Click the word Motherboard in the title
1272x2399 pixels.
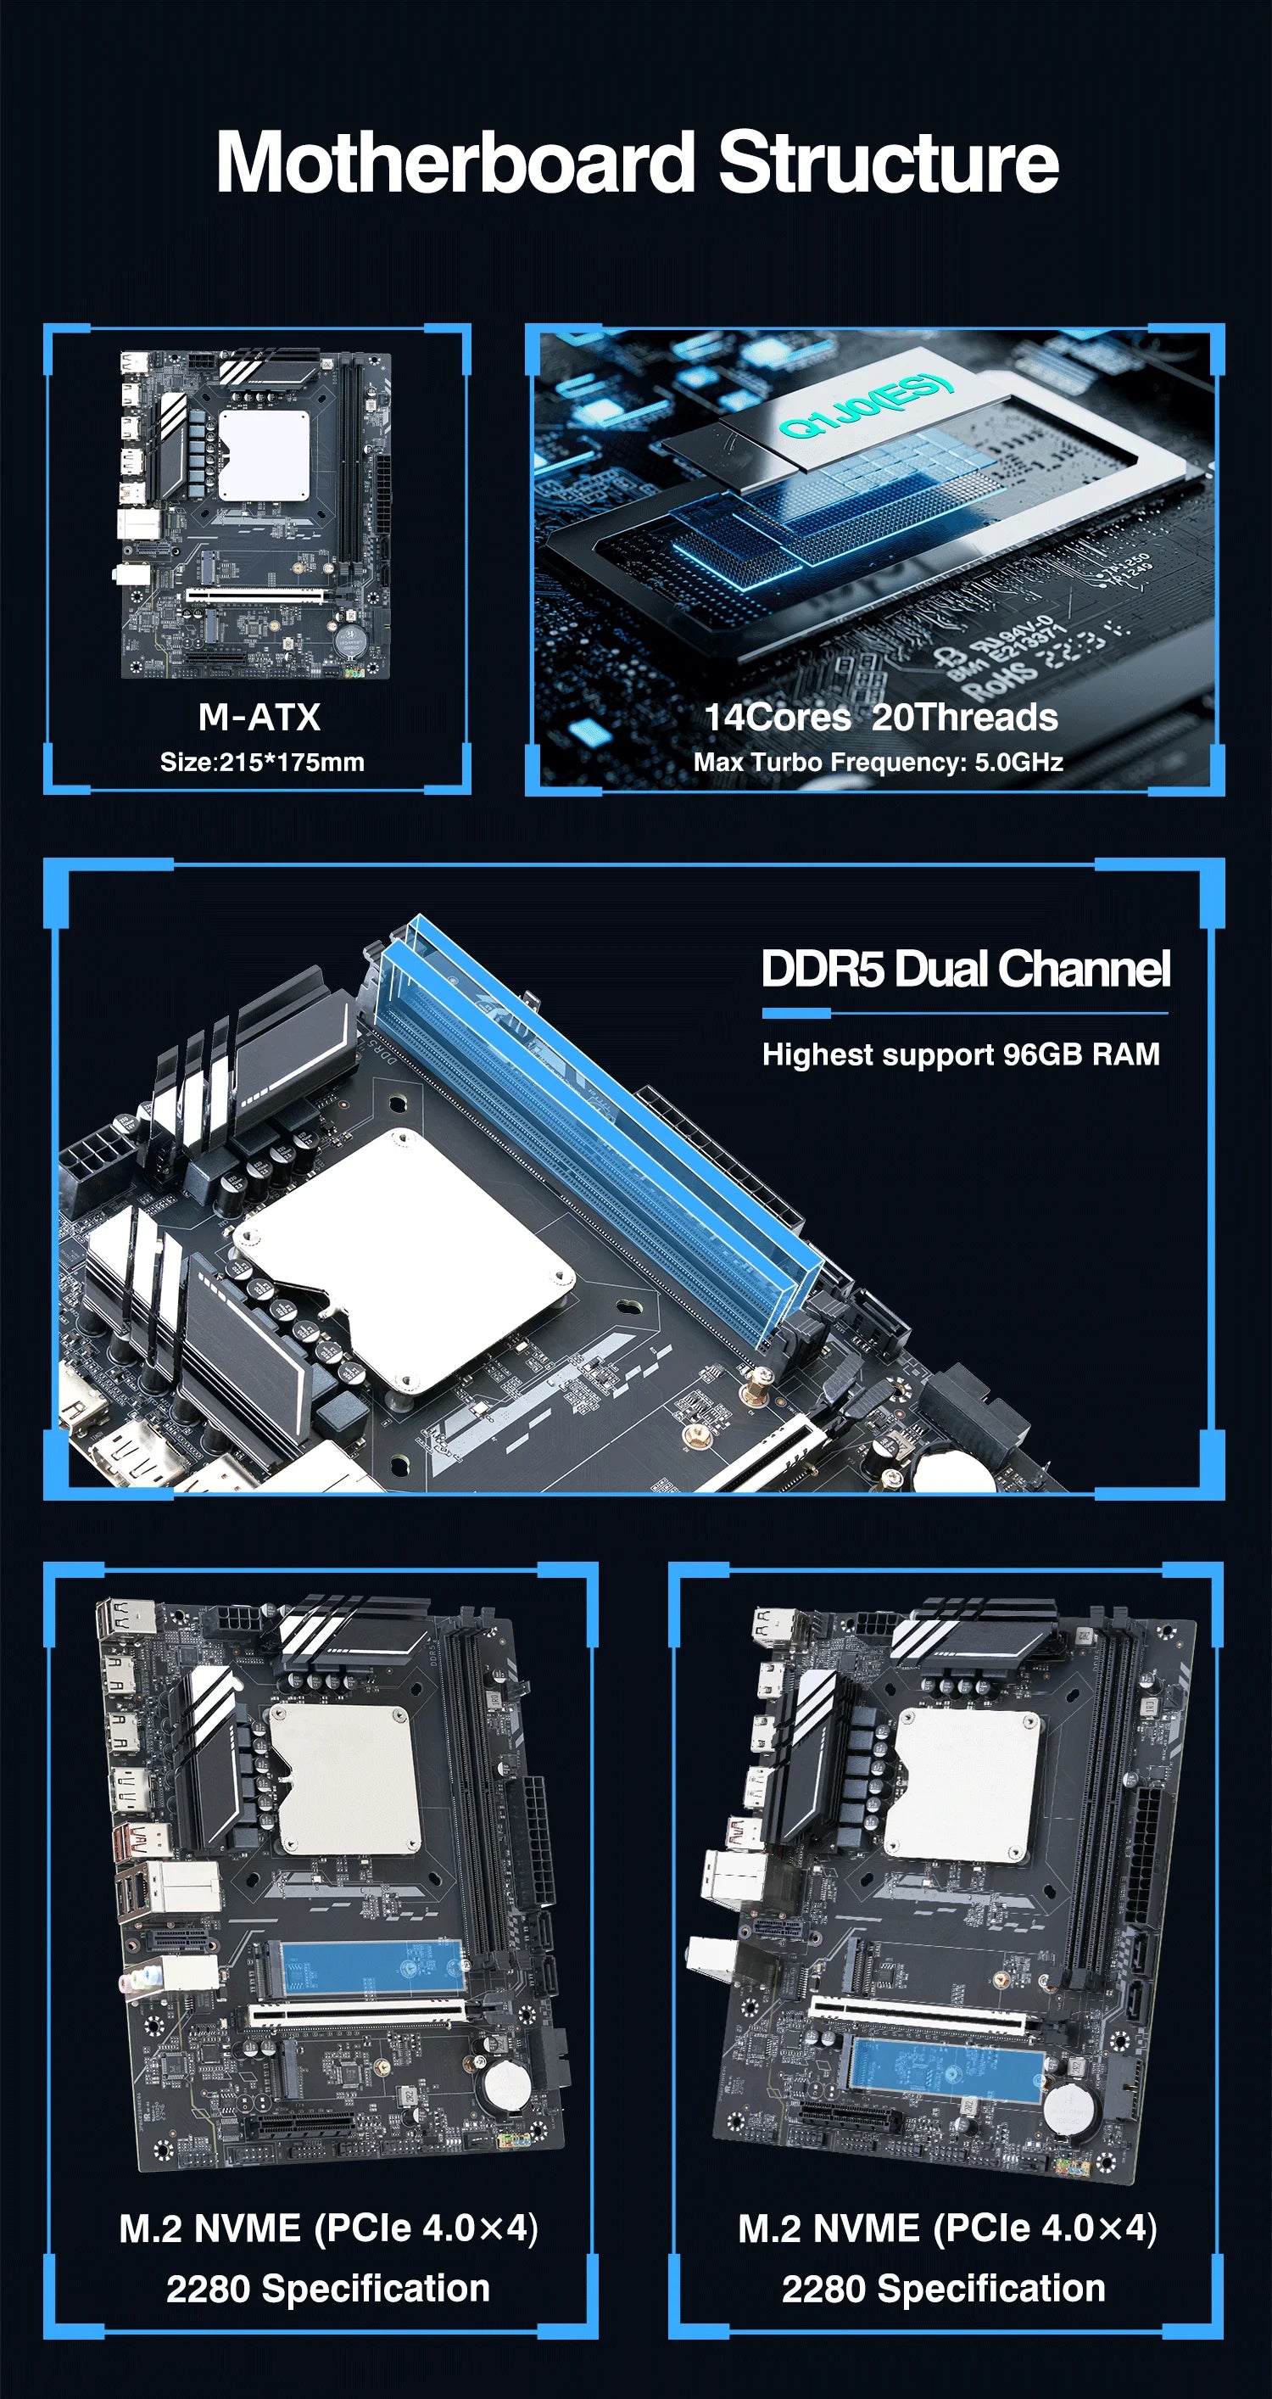click(456, 163)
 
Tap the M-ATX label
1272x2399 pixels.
click(259, 717)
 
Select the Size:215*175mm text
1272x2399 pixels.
click(262, 762)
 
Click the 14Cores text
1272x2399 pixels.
click(777, 717)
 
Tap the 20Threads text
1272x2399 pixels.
click(965, 717)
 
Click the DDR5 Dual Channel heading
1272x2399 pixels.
click(965, 969)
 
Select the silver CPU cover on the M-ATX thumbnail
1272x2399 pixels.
click(264, 455)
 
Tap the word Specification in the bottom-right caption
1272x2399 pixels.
click(990, 2287)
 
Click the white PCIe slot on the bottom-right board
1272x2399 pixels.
click(918, 2016)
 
